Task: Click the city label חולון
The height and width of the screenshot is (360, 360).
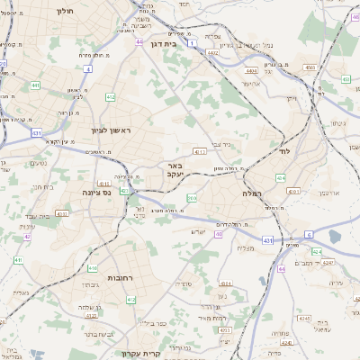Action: tap(63, 12)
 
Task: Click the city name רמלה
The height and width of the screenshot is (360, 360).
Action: tap(251, 193)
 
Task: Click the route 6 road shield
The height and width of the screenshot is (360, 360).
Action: tap(309, 233)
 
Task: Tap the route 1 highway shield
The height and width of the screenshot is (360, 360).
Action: tap(192, 41)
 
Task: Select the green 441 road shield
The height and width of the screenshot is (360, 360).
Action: tap(34, 85)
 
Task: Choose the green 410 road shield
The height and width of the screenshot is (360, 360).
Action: tap(93, 268)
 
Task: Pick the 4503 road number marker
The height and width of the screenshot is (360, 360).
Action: tap(309, 65)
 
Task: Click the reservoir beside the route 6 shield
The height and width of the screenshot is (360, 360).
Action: tap(336, 236)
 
